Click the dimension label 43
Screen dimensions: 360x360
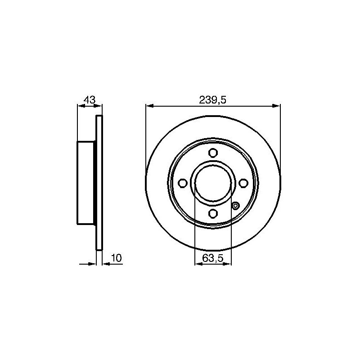(x=90, y=99)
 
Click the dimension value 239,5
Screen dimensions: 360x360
(x=212, y=100)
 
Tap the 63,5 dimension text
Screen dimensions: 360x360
(x=213, y=258)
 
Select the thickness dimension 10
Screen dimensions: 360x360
(x=117, y=258)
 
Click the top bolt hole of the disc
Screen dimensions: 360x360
(x=213, y=153)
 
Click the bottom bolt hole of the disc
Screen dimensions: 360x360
(x=213, y=213)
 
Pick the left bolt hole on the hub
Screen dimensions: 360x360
(x=183, y=183)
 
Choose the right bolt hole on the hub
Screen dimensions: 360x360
(x=243, y=183)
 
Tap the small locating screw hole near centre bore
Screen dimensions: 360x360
(x=235, y=206)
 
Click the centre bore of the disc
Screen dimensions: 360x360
(x=213, y=183)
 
